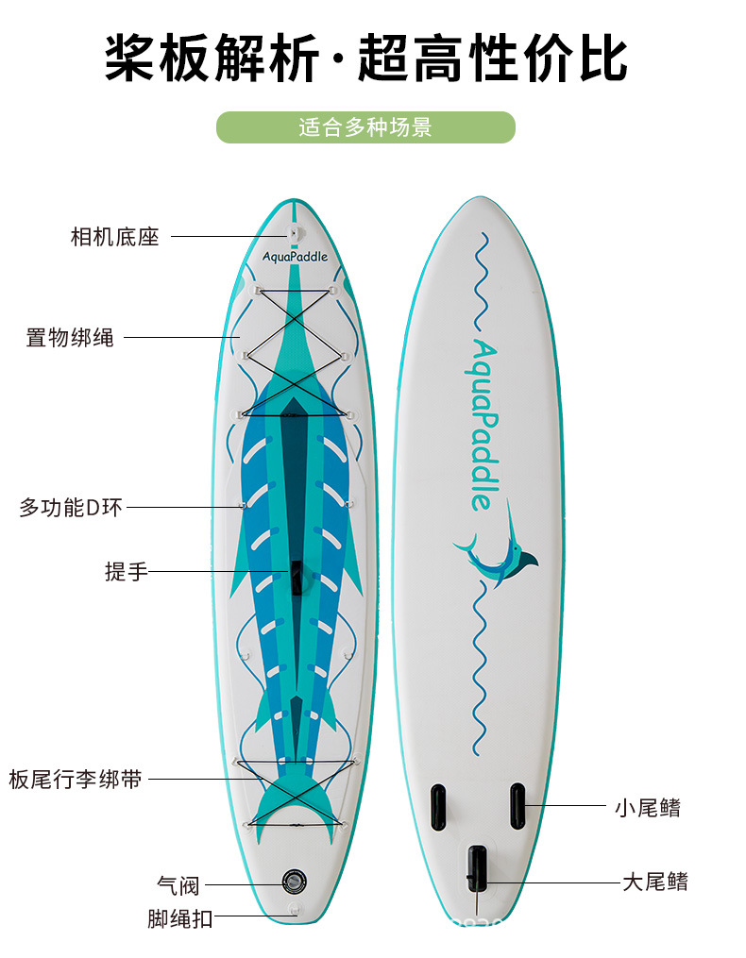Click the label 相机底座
click(x=114, y=236)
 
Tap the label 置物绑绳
click(x=70, y=337)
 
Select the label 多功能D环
click(x=71, y=507)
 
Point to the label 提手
click(x=127, y=571)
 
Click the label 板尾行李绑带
click(x=76, y=779)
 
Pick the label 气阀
click(x=178, y=885)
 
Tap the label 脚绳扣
click(x=180, y=917)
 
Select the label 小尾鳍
click(x=647, y=807)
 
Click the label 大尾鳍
click(x=654, y=882)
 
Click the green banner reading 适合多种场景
click(x=365, y=127)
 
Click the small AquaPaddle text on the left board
click(x=295, y=256)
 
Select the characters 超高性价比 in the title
click(x=492, y=59)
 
